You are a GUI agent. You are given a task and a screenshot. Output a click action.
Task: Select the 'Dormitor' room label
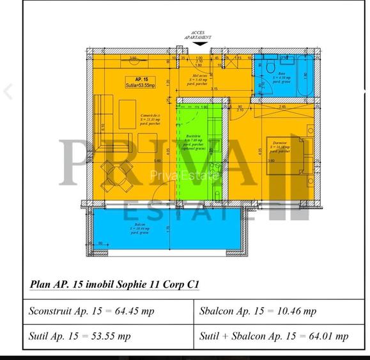(x=278, y=145)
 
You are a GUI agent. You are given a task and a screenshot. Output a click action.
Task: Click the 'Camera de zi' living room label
(x=151, y=118)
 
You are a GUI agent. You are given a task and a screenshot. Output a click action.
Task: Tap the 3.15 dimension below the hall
(x=215, y=90)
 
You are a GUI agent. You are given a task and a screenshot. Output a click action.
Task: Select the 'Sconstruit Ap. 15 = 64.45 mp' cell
(x=91, y=311)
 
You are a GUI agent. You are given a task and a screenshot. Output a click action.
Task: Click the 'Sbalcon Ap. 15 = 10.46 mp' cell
(x=258, y=311)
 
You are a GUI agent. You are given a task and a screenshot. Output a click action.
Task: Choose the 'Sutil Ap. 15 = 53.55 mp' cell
(x=80, y=336)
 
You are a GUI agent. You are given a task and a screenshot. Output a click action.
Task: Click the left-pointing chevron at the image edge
(x=8, y=91)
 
